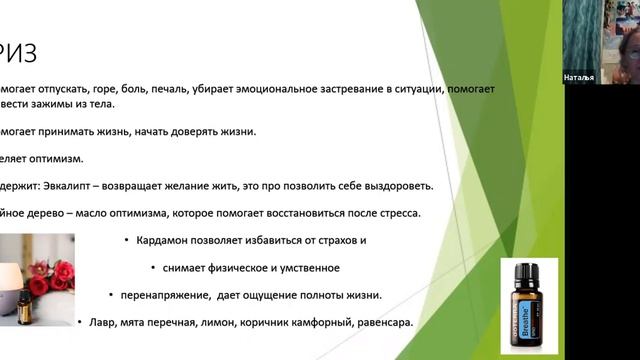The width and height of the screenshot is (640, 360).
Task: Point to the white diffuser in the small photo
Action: coord(12,266)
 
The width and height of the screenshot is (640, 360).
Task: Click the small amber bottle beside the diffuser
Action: coord(23,306)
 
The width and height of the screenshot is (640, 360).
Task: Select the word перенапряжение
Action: coord(169,295)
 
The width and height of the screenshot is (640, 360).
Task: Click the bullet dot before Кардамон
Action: coord(127,241)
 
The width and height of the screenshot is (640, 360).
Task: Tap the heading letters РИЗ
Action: coord(18,50)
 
